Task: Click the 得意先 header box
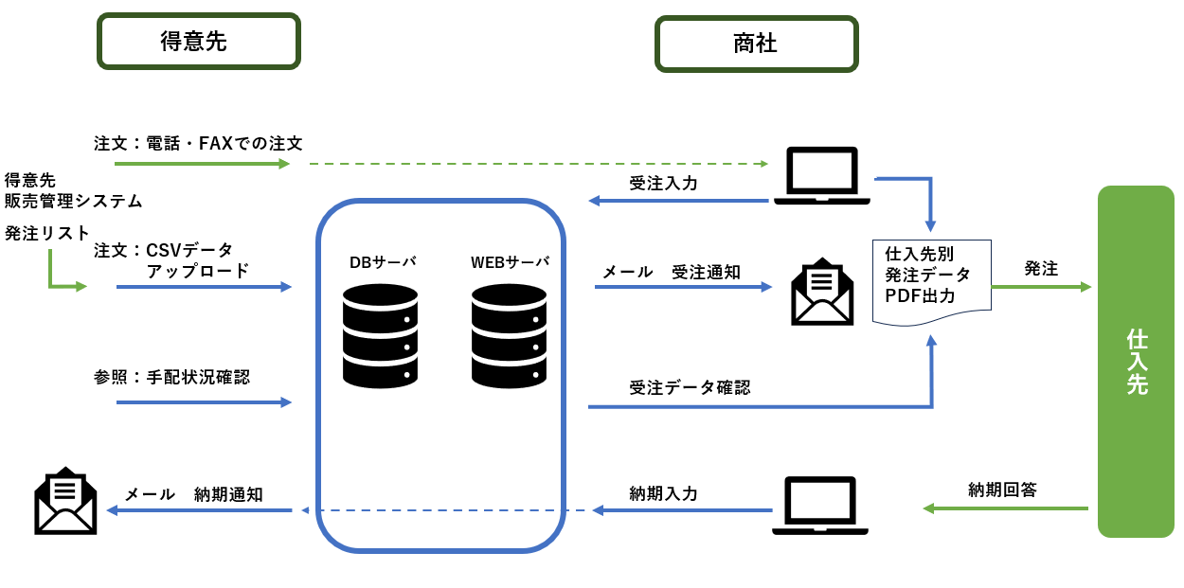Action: tap(198, 42)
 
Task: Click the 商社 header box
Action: tap(756, 44)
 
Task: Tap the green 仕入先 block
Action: tap(1136, 362)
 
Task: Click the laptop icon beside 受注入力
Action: tap(821, 176)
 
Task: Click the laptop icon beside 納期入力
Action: tap(820, 506)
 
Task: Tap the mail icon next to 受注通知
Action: tap(821, 292)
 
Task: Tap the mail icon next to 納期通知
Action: tap(65, 501)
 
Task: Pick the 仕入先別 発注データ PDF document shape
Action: tap(931, 280)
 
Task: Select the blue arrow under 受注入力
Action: tap(677, 201)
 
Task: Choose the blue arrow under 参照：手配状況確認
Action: tap(204, 402)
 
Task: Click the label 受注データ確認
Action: tap(690, 387)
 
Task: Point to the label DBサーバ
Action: tap(382, 262)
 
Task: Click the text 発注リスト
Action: tap(47, 233)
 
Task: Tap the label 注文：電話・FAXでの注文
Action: tap(198, 143)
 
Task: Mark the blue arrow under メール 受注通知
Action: tap(683, 287)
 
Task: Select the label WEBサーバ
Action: tap(510, 262)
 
